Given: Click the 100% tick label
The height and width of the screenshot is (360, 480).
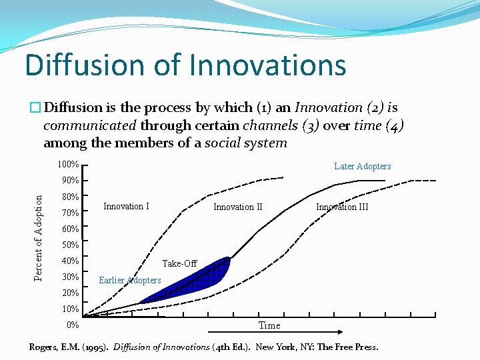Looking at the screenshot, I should click(68, 165).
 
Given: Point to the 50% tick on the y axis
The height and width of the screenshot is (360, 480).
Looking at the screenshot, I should click(70, 245).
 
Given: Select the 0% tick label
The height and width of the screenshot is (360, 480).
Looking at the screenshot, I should click(73, 325).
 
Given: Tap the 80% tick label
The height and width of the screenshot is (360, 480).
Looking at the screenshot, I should click(70, 197).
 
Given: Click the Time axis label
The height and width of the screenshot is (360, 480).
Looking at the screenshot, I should click(269, 325).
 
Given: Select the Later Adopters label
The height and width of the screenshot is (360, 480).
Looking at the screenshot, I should click(362, 166).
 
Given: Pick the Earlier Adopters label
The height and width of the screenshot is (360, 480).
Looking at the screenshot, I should click(129, 280).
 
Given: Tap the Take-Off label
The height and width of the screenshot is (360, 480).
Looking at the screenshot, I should click(179, 263).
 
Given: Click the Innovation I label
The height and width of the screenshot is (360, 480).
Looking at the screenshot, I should click(126, 206).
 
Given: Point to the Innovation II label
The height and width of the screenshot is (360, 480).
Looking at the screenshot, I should click(238, 207).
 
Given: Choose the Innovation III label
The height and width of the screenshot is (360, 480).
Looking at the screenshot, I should click(342, 207).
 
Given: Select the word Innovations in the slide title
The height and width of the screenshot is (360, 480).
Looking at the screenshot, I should click(267, 65).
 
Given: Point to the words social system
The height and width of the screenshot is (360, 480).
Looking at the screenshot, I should click(245, 143).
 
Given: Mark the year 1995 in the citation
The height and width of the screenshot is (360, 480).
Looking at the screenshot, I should click(95, 347).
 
